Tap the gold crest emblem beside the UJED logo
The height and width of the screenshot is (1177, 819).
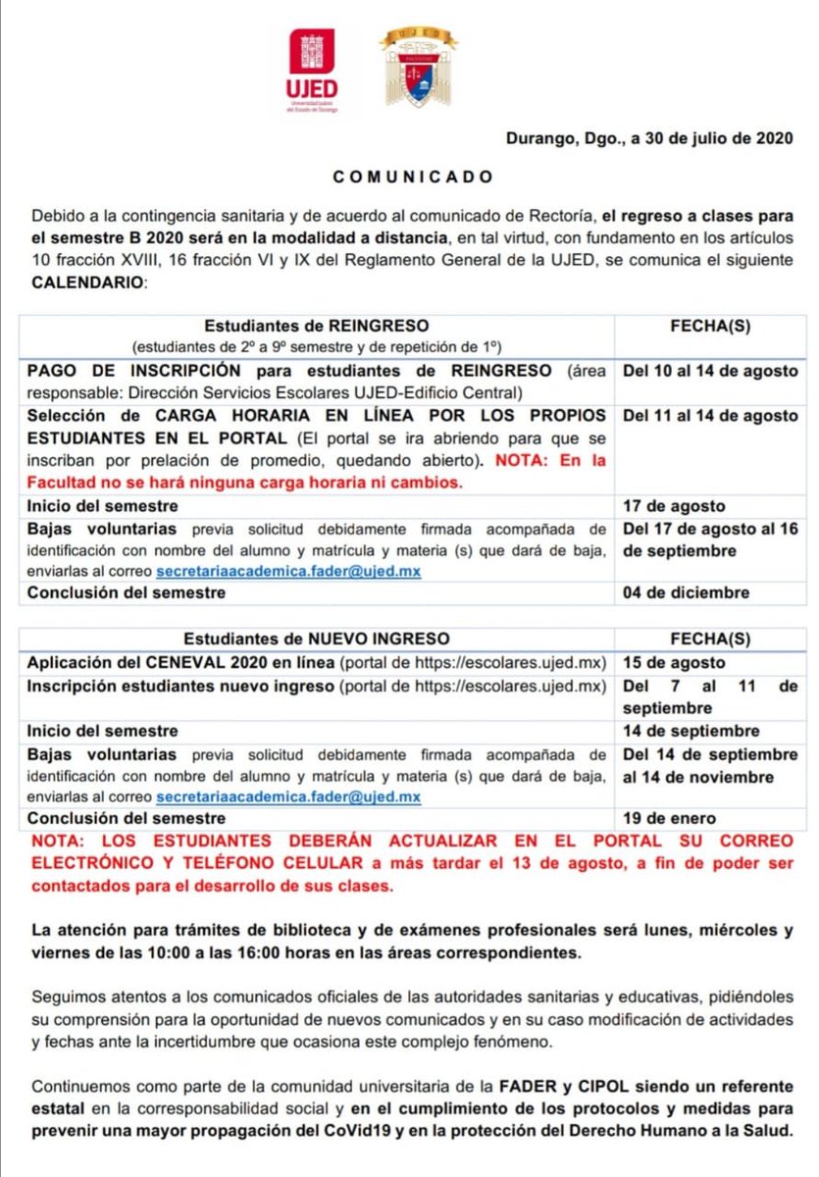pyautogui.click(x=419, y=66)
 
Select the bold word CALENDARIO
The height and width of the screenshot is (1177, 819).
pyautogui.click(x=86, y=283)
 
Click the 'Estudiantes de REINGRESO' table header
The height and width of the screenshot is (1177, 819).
pyautogui.click(x=316, y=326)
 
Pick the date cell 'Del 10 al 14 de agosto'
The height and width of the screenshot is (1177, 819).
pyautogui.click(x=710, y=372)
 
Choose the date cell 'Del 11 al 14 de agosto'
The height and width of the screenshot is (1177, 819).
pyautogui.click(x=710, y=416)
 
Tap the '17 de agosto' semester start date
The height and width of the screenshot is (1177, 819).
pyautogui.click(x=674, y=506)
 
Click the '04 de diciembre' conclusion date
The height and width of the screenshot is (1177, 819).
pyautogui.click(x=686, y=592)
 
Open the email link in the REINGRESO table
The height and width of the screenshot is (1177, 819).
pyautogui.click(x=288, y=571)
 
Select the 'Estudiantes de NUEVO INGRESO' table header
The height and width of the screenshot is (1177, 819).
pyautogui.click(x=317, y=639)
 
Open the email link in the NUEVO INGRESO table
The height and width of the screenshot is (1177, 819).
pyautogui.click(x=288, y=797)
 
